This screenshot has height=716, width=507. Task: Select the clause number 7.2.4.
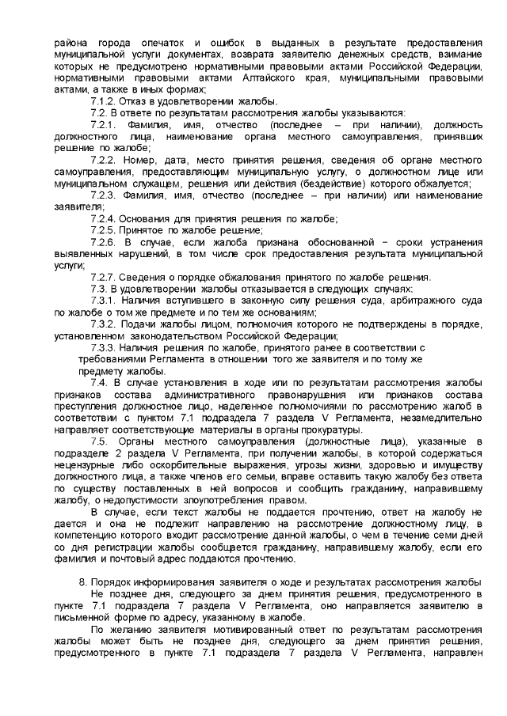pyautogui.click(x=105, y=218)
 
